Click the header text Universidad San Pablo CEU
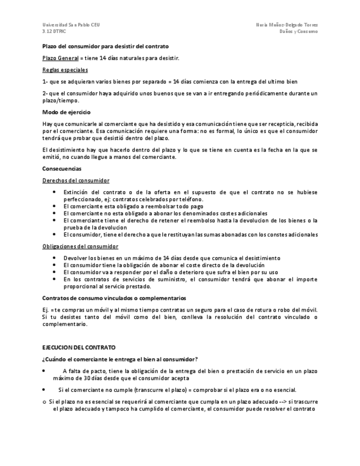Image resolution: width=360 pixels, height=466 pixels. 71,25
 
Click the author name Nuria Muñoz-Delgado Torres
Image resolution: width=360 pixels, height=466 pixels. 286,25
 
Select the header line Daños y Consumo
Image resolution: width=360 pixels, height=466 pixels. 298,32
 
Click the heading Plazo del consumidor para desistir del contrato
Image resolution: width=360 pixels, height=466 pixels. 106,46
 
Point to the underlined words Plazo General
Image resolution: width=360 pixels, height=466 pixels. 59,58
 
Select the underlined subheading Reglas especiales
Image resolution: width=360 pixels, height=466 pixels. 65,70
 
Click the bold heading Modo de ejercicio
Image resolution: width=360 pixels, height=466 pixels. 67,112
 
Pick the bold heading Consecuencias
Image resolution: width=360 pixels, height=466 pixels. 62,169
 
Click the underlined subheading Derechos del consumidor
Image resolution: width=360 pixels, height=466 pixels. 75,180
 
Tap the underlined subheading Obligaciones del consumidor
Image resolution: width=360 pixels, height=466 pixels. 80,246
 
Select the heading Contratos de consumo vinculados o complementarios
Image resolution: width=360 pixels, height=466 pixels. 114,298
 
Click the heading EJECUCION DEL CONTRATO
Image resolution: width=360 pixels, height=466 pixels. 79,348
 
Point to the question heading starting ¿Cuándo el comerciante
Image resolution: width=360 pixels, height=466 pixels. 112,359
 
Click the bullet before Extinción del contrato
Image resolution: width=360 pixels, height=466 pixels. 54,192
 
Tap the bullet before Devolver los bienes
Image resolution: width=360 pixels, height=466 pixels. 54,258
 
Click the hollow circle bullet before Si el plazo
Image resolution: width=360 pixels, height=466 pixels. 45,402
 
